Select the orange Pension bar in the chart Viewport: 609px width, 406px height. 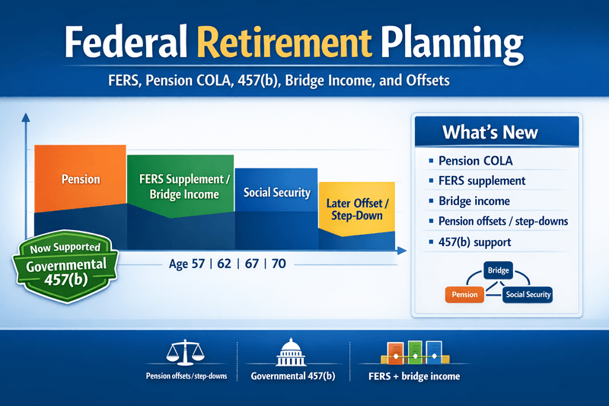coord(80,178)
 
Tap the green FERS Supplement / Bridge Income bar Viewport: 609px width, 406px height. coord(180,187)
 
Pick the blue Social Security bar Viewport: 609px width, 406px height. coord(276,192)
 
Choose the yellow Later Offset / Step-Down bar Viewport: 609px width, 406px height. coord(356,209)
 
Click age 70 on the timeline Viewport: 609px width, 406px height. coord(279,265)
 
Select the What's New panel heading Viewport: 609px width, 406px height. coord(489,133)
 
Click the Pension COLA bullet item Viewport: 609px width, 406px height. coord(476,161)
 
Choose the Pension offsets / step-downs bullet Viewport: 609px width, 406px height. coord(502,222)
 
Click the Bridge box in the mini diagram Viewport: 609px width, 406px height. coord(499,270)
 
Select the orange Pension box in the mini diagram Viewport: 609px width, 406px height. coord(464,294)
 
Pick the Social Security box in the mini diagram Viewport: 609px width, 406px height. coord(528,294)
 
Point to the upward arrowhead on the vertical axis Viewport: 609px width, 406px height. coord(25,118)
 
